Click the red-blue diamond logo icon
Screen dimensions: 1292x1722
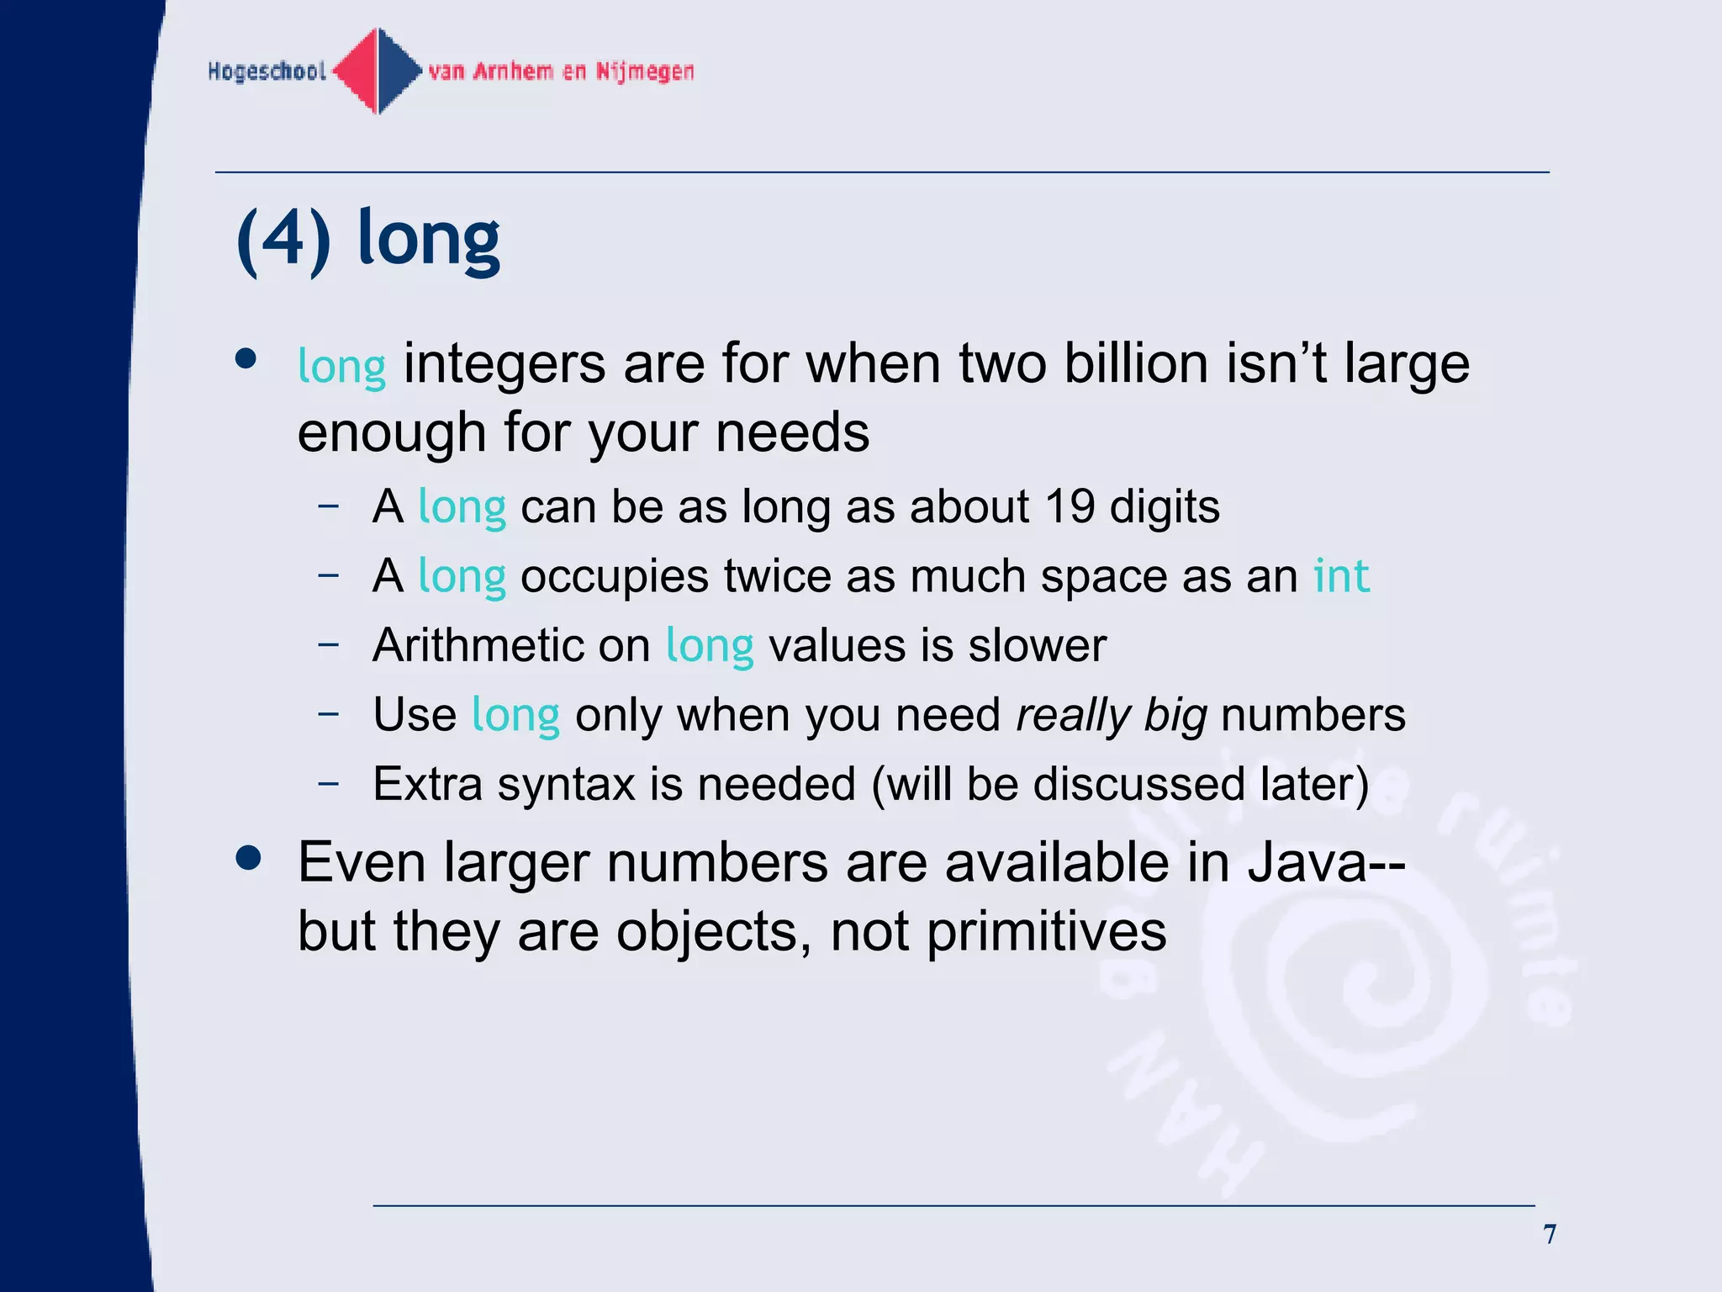point(378,71)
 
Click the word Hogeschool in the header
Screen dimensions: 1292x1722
point(267,71)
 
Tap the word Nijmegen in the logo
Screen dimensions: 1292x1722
point(645,71)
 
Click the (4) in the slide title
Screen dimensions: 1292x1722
point(283,241)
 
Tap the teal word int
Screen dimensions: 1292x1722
point(1341,576)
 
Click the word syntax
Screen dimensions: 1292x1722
point(566,784)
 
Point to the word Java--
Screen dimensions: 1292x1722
point(1326,862)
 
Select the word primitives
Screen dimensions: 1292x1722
point(1046,931)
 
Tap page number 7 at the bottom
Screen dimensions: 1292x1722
point(1550,1234)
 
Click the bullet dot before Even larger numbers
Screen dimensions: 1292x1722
point(249,859)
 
